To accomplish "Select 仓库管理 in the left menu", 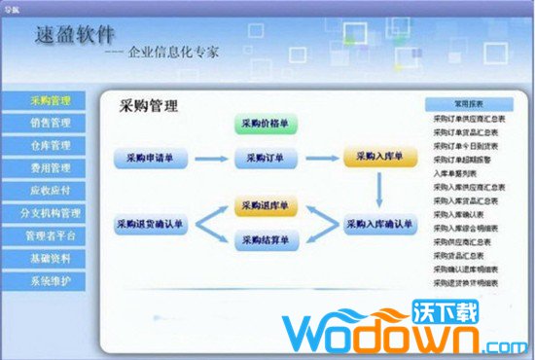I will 51,146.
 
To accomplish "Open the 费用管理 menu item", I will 51,168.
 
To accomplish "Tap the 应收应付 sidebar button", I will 51,191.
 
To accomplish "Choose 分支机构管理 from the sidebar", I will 51,213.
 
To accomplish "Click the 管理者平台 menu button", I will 51,235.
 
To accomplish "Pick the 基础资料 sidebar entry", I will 51,258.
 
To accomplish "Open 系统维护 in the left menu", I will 51,280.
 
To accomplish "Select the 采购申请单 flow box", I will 150,157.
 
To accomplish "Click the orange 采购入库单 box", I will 378,157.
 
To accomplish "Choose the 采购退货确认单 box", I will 150,223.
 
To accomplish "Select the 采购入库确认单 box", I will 378,223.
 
